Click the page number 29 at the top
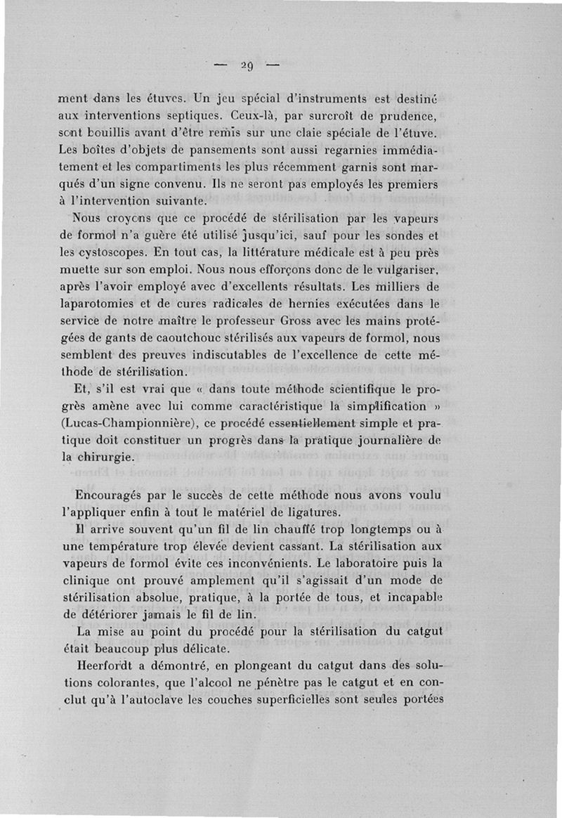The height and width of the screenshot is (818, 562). [245, 67]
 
